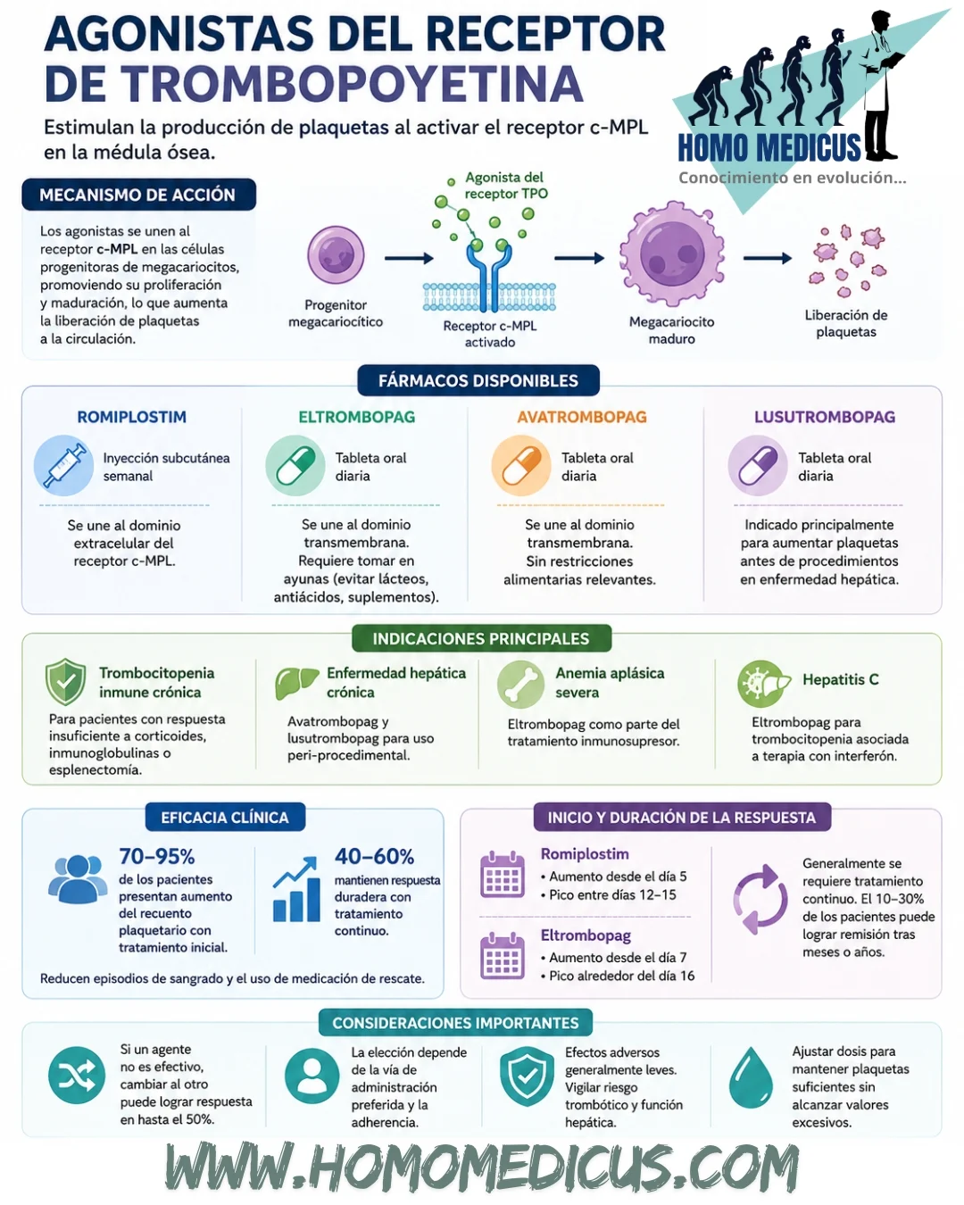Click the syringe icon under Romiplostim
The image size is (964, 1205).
[x=63, y=465]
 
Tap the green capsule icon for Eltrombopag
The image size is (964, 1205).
[x=295, y=465]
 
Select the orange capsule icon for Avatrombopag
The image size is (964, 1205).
[x=521, y=465]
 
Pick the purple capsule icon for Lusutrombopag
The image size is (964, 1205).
[x=757, y=465]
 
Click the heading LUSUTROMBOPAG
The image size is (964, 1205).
[x=825, y=417]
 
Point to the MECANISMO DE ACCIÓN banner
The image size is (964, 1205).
[x=139, y=195]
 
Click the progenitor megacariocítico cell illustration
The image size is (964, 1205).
[x=336, y=254]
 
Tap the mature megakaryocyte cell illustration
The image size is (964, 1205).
[x=671, y=255]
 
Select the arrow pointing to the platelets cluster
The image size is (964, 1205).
[x=768, y=258]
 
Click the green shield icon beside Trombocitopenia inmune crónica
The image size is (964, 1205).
[x=65, y=681]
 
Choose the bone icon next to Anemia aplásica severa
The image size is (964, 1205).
[x=520, y=684]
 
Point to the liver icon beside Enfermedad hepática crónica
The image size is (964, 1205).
[x=295, y=683]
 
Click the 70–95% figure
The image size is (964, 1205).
[x=157, y=856]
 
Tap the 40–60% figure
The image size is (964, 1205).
[x=374, y=856]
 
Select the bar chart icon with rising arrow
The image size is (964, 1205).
[x=296, y=889]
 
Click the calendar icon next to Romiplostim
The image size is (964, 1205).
[x=503, y=874]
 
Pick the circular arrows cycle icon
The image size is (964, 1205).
[x=760, y=899]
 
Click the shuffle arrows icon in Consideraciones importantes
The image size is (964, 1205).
[x=76, y=1075]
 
